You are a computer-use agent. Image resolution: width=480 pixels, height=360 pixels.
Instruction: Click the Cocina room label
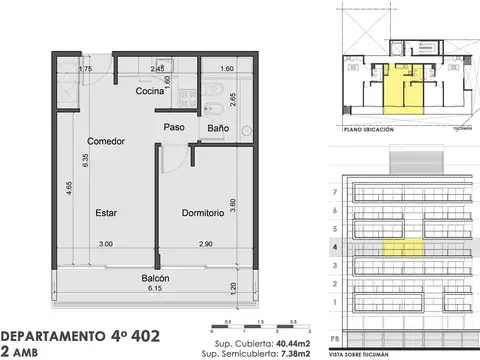coord(151,91)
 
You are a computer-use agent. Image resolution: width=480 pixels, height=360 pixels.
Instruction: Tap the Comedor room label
coord(105,141)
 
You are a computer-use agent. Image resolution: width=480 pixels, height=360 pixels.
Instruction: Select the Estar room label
coord(107,213)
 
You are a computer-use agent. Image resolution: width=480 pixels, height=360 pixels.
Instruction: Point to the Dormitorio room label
coord(209,213)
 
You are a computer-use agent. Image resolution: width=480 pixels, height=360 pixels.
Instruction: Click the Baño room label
coord(218,128)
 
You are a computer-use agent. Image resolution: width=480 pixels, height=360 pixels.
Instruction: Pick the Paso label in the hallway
coord(176,128)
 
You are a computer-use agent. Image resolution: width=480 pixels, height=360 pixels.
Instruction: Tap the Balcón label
coord(155,277)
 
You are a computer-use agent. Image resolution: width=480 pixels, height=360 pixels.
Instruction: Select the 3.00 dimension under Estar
coord(106,244)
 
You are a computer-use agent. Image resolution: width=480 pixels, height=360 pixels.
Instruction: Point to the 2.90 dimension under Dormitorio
coord(207,244)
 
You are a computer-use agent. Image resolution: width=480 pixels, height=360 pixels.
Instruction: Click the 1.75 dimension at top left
coord(58,69)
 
